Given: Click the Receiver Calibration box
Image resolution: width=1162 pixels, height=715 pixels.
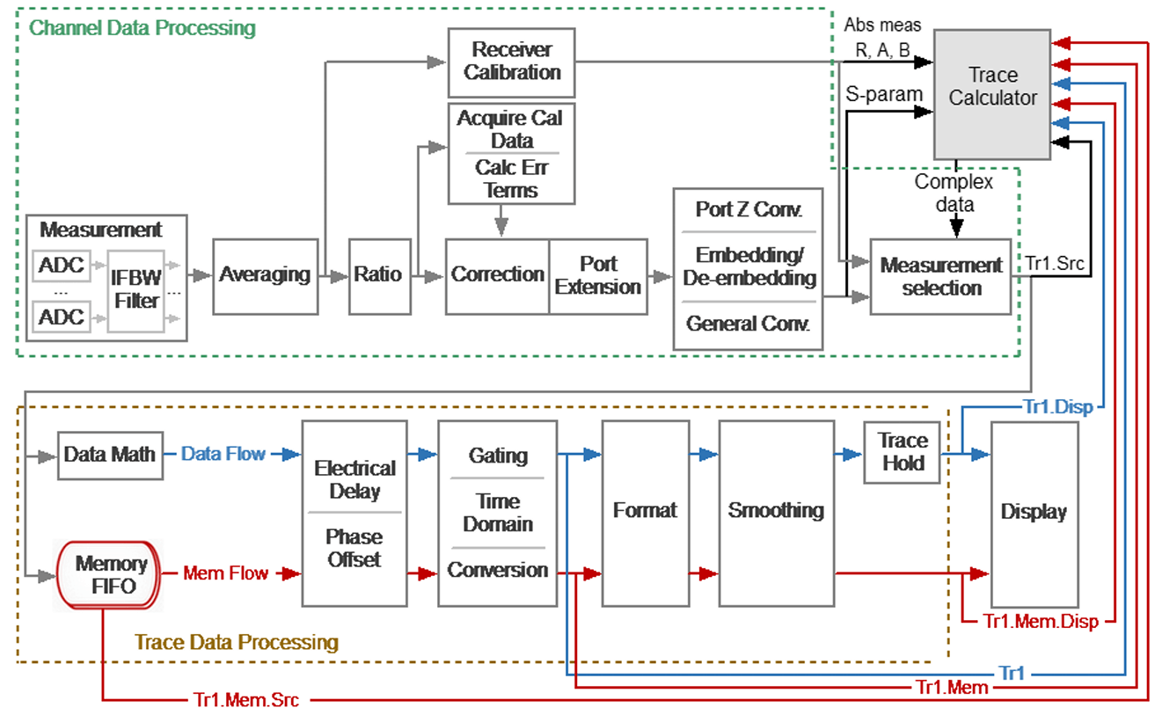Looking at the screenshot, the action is (511, 62).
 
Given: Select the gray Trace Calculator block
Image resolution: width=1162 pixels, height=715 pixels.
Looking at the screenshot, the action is (992, 94).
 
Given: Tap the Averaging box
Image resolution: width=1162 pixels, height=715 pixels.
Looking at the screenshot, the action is (266, 276).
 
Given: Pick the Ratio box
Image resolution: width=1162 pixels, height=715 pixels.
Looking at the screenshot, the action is (380, 276).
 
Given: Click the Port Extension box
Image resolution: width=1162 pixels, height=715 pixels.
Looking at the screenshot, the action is (598, 276).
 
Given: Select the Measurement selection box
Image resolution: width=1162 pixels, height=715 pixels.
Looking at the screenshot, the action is (941, 276).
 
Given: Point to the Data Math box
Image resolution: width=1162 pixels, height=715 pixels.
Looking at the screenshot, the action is (110, 456).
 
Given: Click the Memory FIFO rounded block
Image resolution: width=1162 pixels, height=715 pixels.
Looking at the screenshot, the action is (108, 574).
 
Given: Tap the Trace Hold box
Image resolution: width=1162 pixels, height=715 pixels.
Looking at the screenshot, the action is (903, 452).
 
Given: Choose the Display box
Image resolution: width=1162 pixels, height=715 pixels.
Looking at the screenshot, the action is (1035, 514).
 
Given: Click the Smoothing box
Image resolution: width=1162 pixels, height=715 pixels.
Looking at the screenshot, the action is (777, 513).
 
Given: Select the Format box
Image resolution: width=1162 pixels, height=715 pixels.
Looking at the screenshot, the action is (646, 513).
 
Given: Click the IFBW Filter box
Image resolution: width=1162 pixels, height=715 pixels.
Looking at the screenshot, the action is (136, 291).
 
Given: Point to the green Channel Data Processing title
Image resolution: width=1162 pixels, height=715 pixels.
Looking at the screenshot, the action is (143, 28).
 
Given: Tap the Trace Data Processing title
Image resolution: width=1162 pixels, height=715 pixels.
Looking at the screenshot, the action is (237, 642).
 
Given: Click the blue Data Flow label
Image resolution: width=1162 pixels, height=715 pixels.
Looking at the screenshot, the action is (223, 454).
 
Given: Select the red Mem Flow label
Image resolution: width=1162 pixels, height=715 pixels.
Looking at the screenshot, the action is (226, 573).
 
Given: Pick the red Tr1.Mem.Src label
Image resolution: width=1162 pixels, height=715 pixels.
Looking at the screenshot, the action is (246, 700).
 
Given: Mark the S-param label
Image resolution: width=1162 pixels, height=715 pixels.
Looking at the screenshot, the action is (884, 94).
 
